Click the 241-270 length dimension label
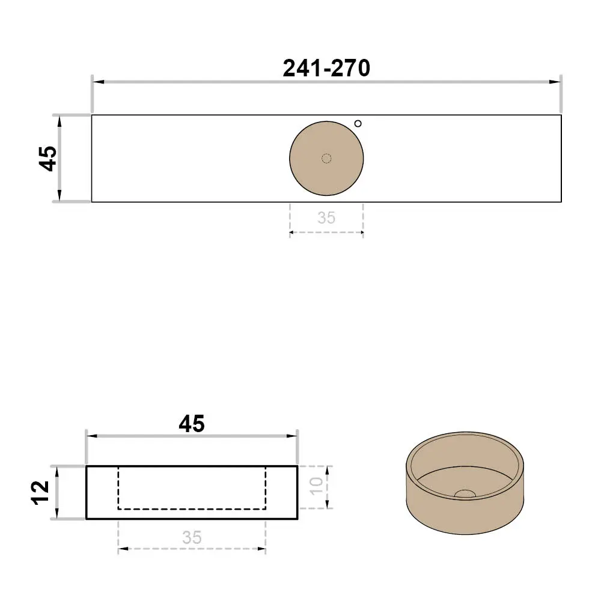pos(326,69)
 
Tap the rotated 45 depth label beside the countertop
pos(48,158)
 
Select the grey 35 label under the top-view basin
pos(326,218)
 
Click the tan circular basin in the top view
pos(326,158)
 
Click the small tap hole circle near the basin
pos(358,123)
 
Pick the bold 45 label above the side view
pos(192,424)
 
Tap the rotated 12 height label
pos(40,493)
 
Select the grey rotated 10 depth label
pos(316,486)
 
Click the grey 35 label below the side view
pos(192,537)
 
